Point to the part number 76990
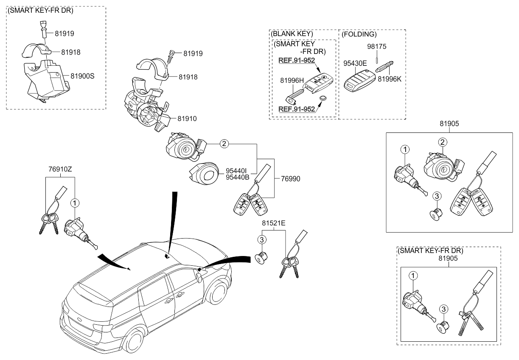click(x=290, y=179)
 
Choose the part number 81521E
click(x=273, y=222)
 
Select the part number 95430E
click(x=356, y=63)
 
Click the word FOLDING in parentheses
click(x=359, y=34)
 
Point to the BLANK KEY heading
click(x=292, y=34)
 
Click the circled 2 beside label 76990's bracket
click(x=224, y=143)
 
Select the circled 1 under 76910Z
click(x=75, y=203)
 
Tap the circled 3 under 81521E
click(x=262, y=240)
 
